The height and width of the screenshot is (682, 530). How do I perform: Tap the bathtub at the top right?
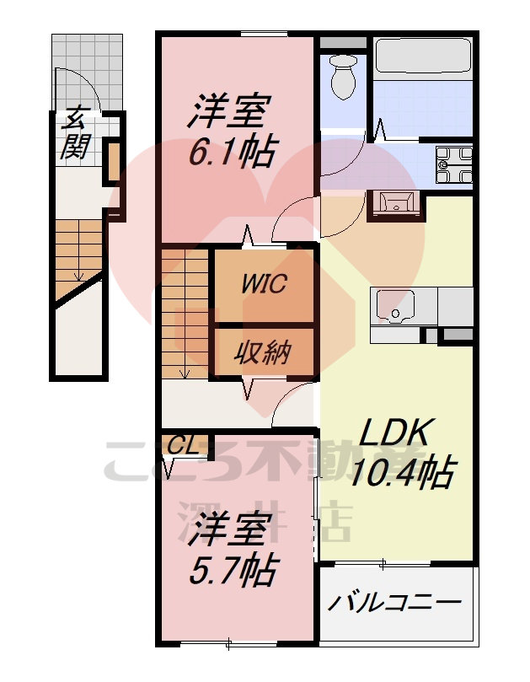421,57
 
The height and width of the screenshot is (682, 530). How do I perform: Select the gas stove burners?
455,163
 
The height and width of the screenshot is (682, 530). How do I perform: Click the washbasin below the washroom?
393,202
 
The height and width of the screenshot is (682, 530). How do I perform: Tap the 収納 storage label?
263,352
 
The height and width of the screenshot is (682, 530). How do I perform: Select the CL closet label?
184,445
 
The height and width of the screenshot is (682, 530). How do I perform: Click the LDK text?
396,433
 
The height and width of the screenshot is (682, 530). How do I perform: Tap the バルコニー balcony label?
394,603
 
